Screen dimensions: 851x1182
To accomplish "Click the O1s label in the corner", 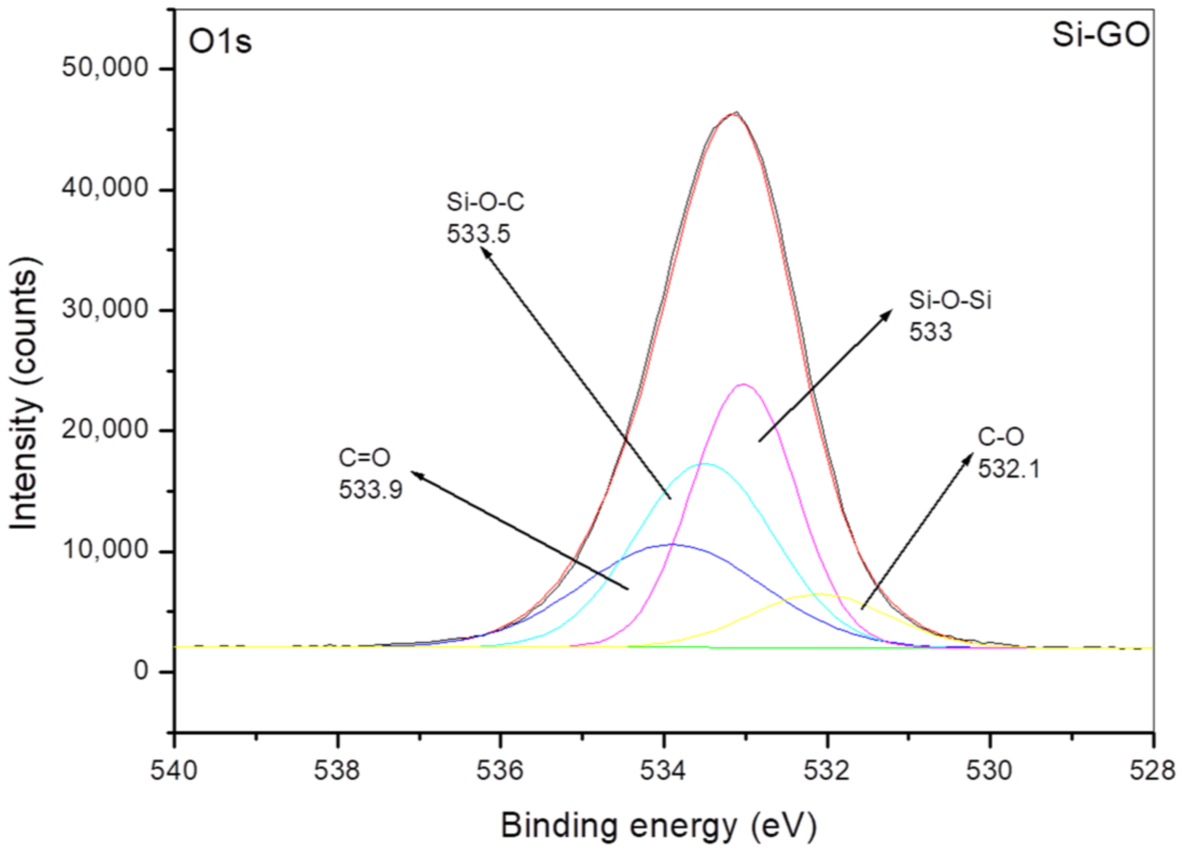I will click(220, 42).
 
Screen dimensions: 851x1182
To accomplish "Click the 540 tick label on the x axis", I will click(174, 771).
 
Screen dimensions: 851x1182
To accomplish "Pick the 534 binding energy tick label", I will click(663, 771).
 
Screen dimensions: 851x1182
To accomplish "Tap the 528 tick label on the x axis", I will click(1152, 771).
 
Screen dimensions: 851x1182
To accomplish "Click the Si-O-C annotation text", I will click(485, 202).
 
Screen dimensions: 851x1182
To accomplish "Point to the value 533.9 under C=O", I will click(371, 490).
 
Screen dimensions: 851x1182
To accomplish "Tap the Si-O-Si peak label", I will click(949, 300).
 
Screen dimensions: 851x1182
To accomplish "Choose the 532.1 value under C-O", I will click(1008, 468).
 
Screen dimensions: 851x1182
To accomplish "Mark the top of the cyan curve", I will click(705, 464).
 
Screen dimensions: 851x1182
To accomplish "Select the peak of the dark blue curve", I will click(671, 544).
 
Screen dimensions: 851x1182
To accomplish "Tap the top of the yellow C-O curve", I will click(818, 594).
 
